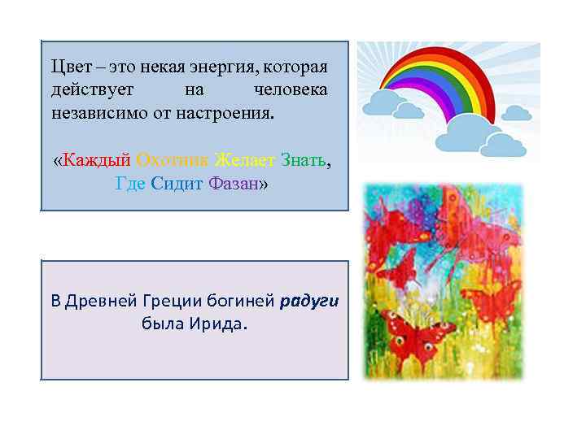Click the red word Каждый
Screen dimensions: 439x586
pos(97,160)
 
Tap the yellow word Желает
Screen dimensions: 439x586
pos(244,160)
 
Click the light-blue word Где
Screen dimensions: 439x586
pos(130,184)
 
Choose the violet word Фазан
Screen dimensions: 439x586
pos(233,184)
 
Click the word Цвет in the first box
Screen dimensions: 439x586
pos(67,65)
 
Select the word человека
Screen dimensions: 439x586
pos(291,89)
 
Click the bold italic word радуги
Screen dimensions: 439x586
pos(309,301)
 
